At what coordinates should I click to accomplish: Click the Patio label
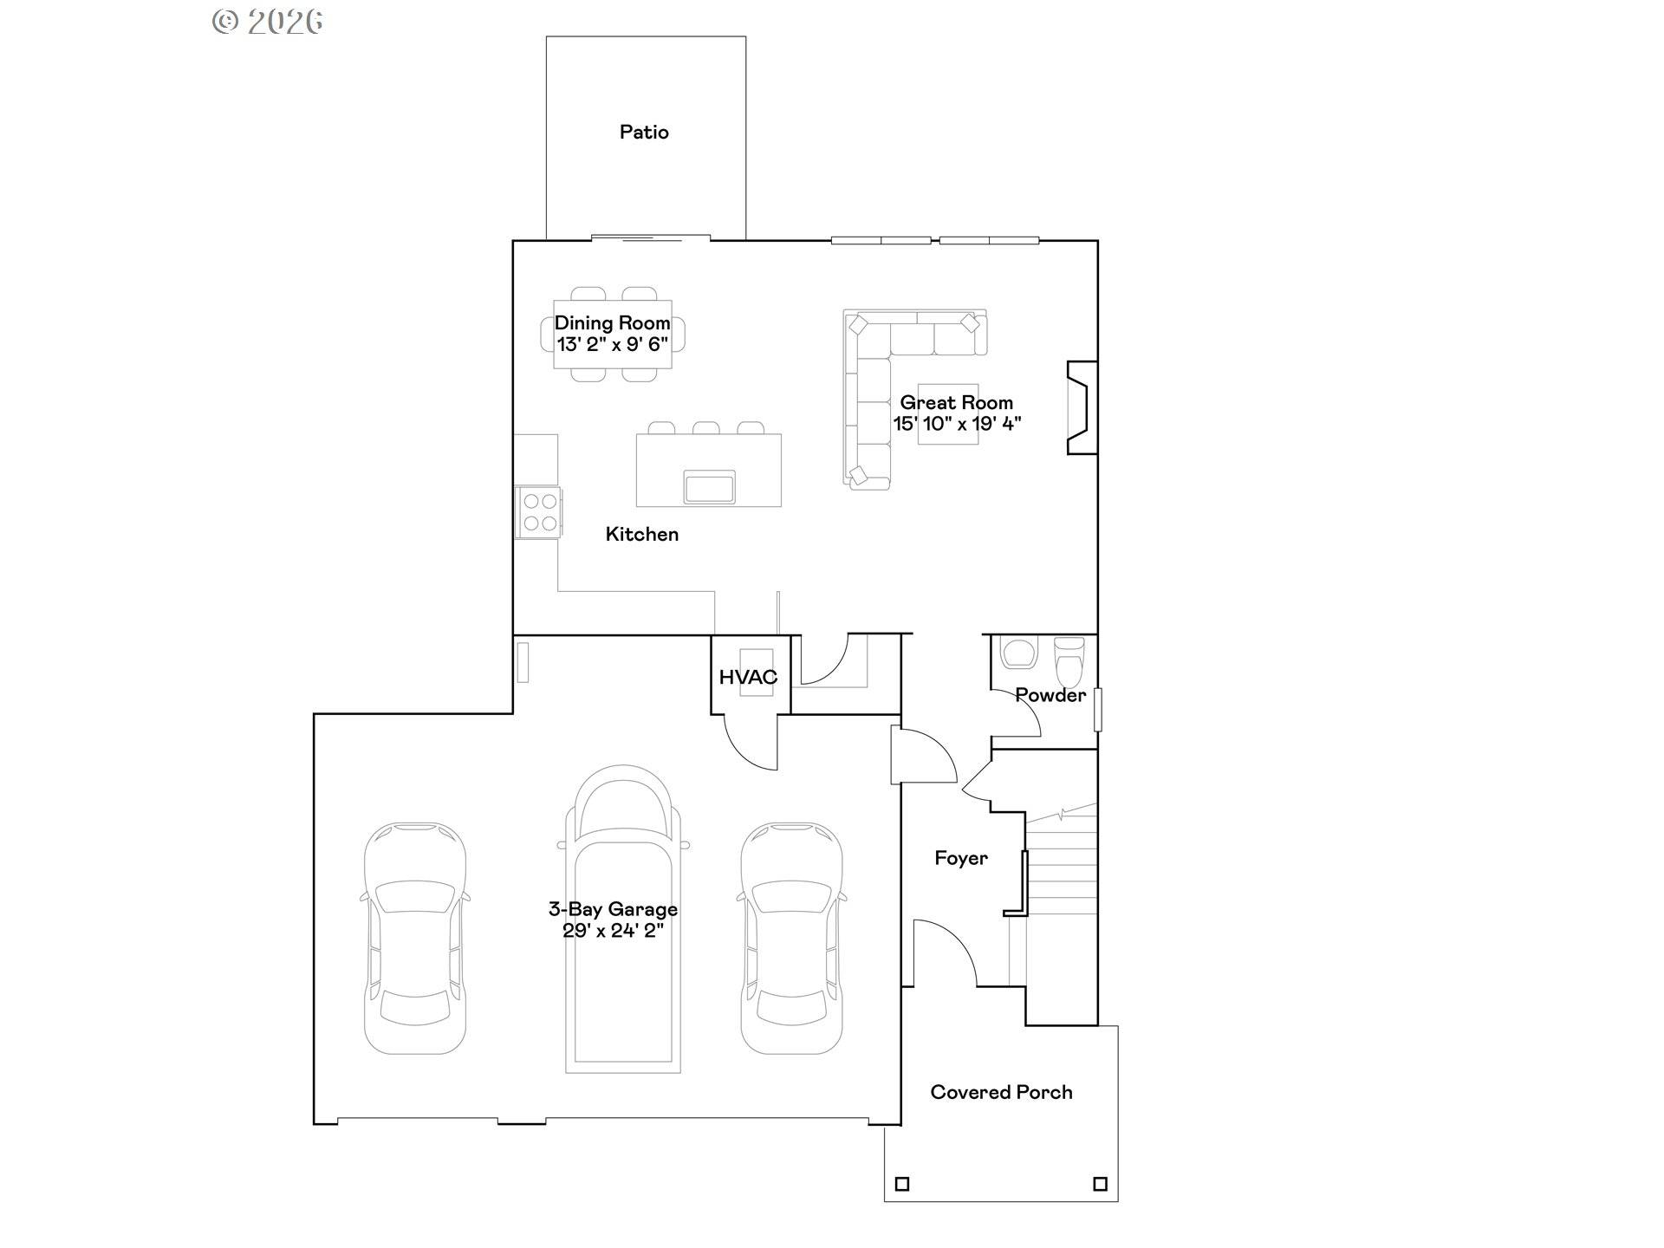click(644, 133)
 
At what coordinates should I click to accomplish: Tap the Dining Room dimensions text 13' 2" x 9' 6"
click(612, 345)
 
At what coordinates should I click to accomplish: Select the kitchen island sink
click(709, 487)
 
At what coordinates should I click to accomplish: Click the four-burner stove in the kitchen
click(539, 512)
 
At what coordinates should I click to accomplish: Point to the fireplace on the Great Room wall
click(1082, 407)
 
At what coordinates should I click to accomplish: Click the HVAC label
click(748, 678)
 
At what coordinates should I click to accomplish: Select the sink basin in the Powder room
click(1018, 653)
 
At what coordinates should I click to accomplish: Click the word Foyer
click(960, 858)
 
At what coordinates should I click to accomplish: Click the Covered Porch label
click(1001, 1092)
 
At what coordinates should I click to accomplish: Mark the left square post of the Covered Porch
click(902, 1184)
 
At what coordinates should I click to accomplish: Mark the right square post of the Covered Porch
click(1100, 1184)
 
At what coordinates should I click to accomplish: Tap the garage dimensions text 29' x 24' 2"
click(613, 932)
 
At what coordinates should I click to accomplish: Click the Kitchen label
click(641, 535)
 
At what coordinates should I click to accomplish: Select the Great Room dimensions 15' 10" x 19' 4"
click(957, 424)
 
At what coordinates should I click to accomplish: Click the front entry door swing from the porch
click(945, 953)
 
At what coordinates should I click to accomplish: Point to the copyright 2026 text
click(268, 22)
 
